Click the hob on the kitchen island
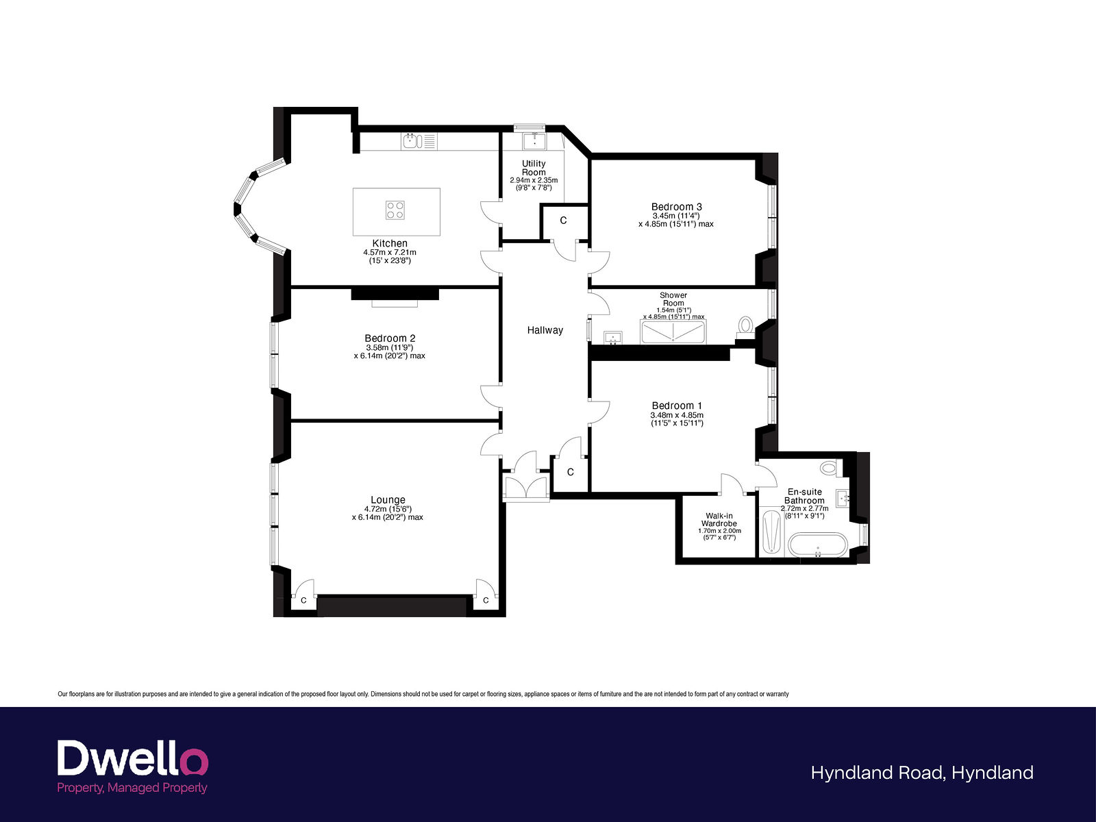click(x=395, y=210)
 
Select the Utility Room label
click(x=534, y=168)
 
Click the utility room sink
click(x=535, y=140)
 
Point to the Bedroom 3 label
click(x=677, y=207)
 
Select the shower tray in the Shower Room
click(x=673, y=332)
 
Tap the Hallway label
click(x=545, y=330)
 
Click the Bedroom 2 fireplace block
click(x=395, y=294)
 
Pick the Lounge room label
click(x=388, y=499)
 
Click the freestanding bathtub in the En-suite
click(x=817, y=545)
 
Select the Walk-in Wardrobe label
click(x=719, y=519)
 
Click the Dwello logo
click(x=133, y=758)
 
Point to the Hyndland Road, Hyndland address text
click(x=922, y=773)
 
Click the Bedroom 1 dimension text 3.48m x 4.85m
click(x=677, y=415)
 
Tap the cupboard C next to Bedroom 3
click(x=564, y=221)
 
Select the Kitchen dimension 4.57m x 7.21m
click(x=390, y=253)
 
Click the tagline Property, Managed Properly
click(x=132, y=788)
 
